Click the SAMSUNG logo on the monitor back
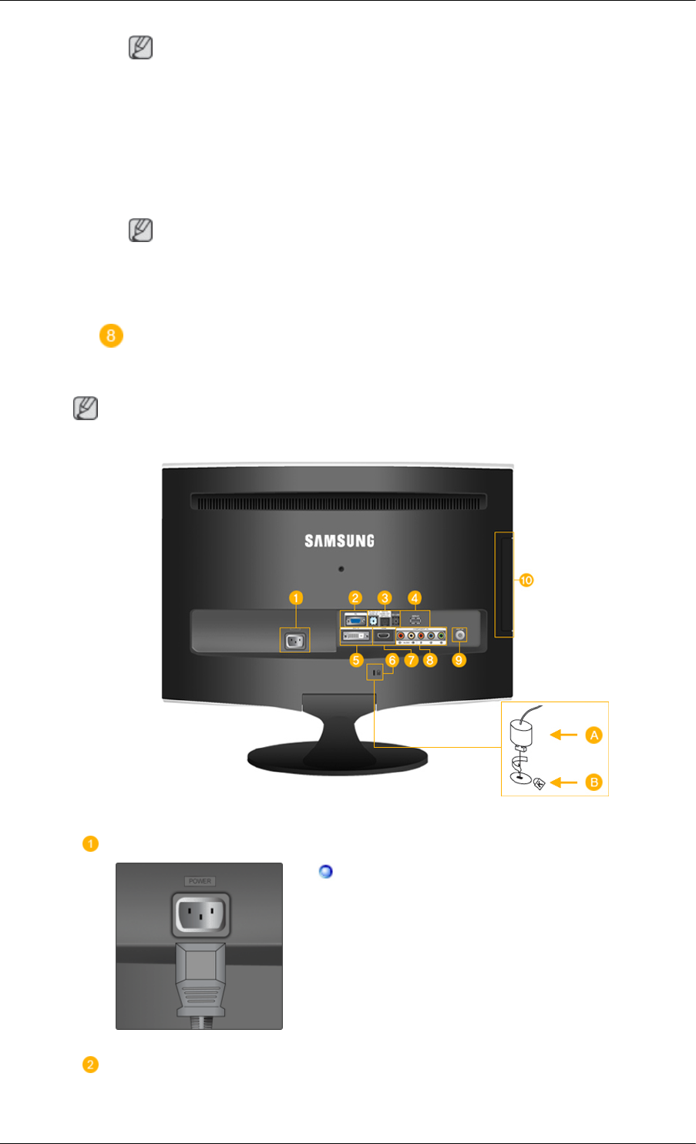click(339, 540)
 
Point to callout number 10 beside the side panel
click(526, 580)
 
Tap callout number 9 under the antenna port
click(459, 661)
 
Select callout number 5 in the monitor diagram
click(355, 661)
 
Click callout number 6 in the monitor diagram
click(392, 661)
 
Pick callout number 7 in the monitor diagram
click(411, 661)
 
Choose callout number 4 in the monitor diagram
click(415, 597)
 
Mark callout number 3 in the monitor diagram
click(385, 597)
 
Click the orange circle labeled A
click(593, 735)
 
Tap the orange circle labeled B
click(593, 782)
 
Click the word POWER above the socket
click(199, 881)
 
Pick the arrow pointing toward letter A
click(563, 735)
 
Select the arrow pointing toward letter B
click(563, 782)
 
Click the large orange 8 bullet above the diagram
click(111, 336)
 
